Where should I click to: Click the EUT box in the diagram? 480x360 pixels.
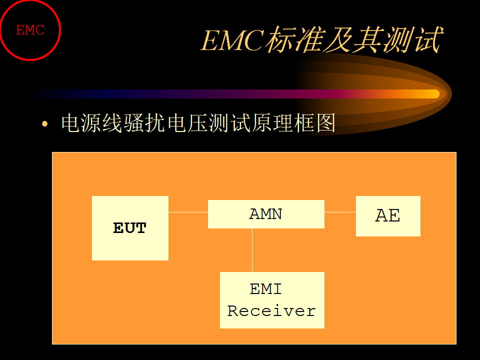tap(130, 228)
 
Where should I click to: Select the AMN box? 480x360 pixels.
tap(266, 214)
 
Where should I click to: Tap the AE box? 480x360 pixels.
tap(388, 216)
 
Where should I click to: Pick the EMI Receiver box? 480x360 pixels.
tap(272, 300)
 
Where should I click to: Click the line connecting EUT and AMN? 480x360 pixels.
tap(188, 212)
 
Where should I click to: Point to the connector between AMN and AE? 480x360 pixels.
tap(340, 212)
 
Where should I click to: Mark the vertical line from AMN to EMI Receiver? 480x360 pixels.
tap(252, 250)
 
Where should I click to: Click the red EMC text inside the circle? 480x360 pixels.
tap(30, 30)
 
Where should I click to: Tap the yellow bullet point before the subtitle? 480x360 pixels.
tap(44, 123)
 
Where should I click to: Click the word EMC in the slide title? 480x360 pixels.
tap(232, 40)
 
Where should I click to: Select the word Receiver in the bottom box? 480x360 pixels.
tap(271, 310)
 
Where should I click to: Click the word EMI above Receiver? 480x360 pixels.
tap(265, 289)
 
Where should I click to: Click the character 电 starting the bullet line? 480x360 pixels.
tap(71, 123)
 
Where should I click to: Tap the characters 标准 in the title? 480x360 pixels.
tap(294, 40)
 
